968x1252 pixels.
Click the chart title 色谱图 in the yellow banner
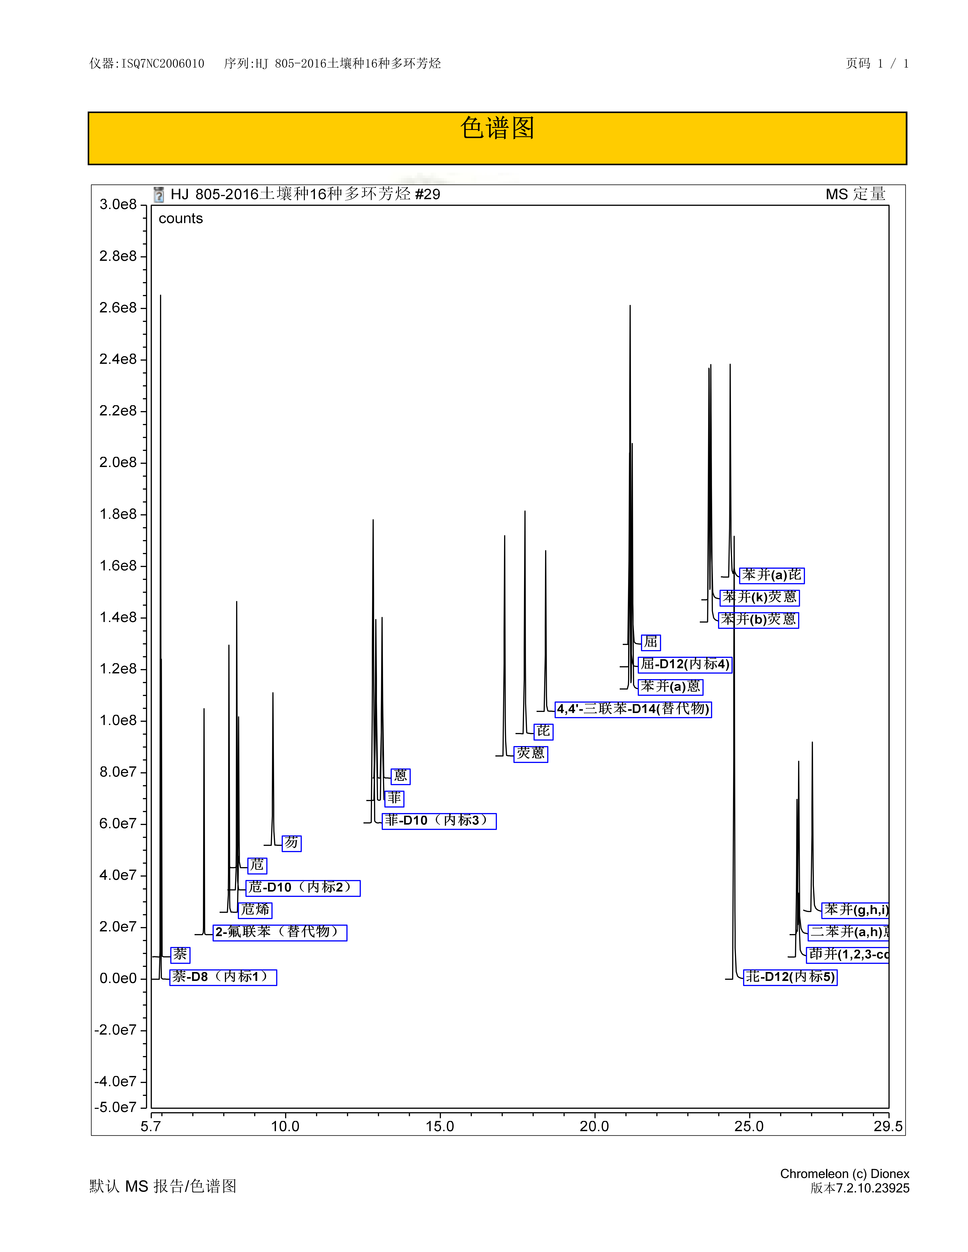497,128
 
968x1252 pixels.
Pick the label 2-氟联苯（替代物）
280,932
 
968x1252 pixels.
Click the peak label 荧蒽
531,753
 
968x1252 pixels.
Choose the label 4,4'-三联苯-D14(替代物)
633,709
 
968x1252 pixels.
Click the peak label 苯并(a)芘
772,575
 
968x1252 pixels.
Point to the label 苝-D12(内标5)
790,977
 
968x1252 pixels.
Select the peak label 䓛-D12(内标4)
685,664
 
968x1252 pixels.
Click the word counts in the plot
181,218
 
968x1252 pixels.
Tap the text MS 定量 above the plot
856,194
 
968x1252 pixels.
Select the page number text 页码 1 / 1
877,64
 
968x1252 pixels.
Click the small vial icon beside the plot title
159,195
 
